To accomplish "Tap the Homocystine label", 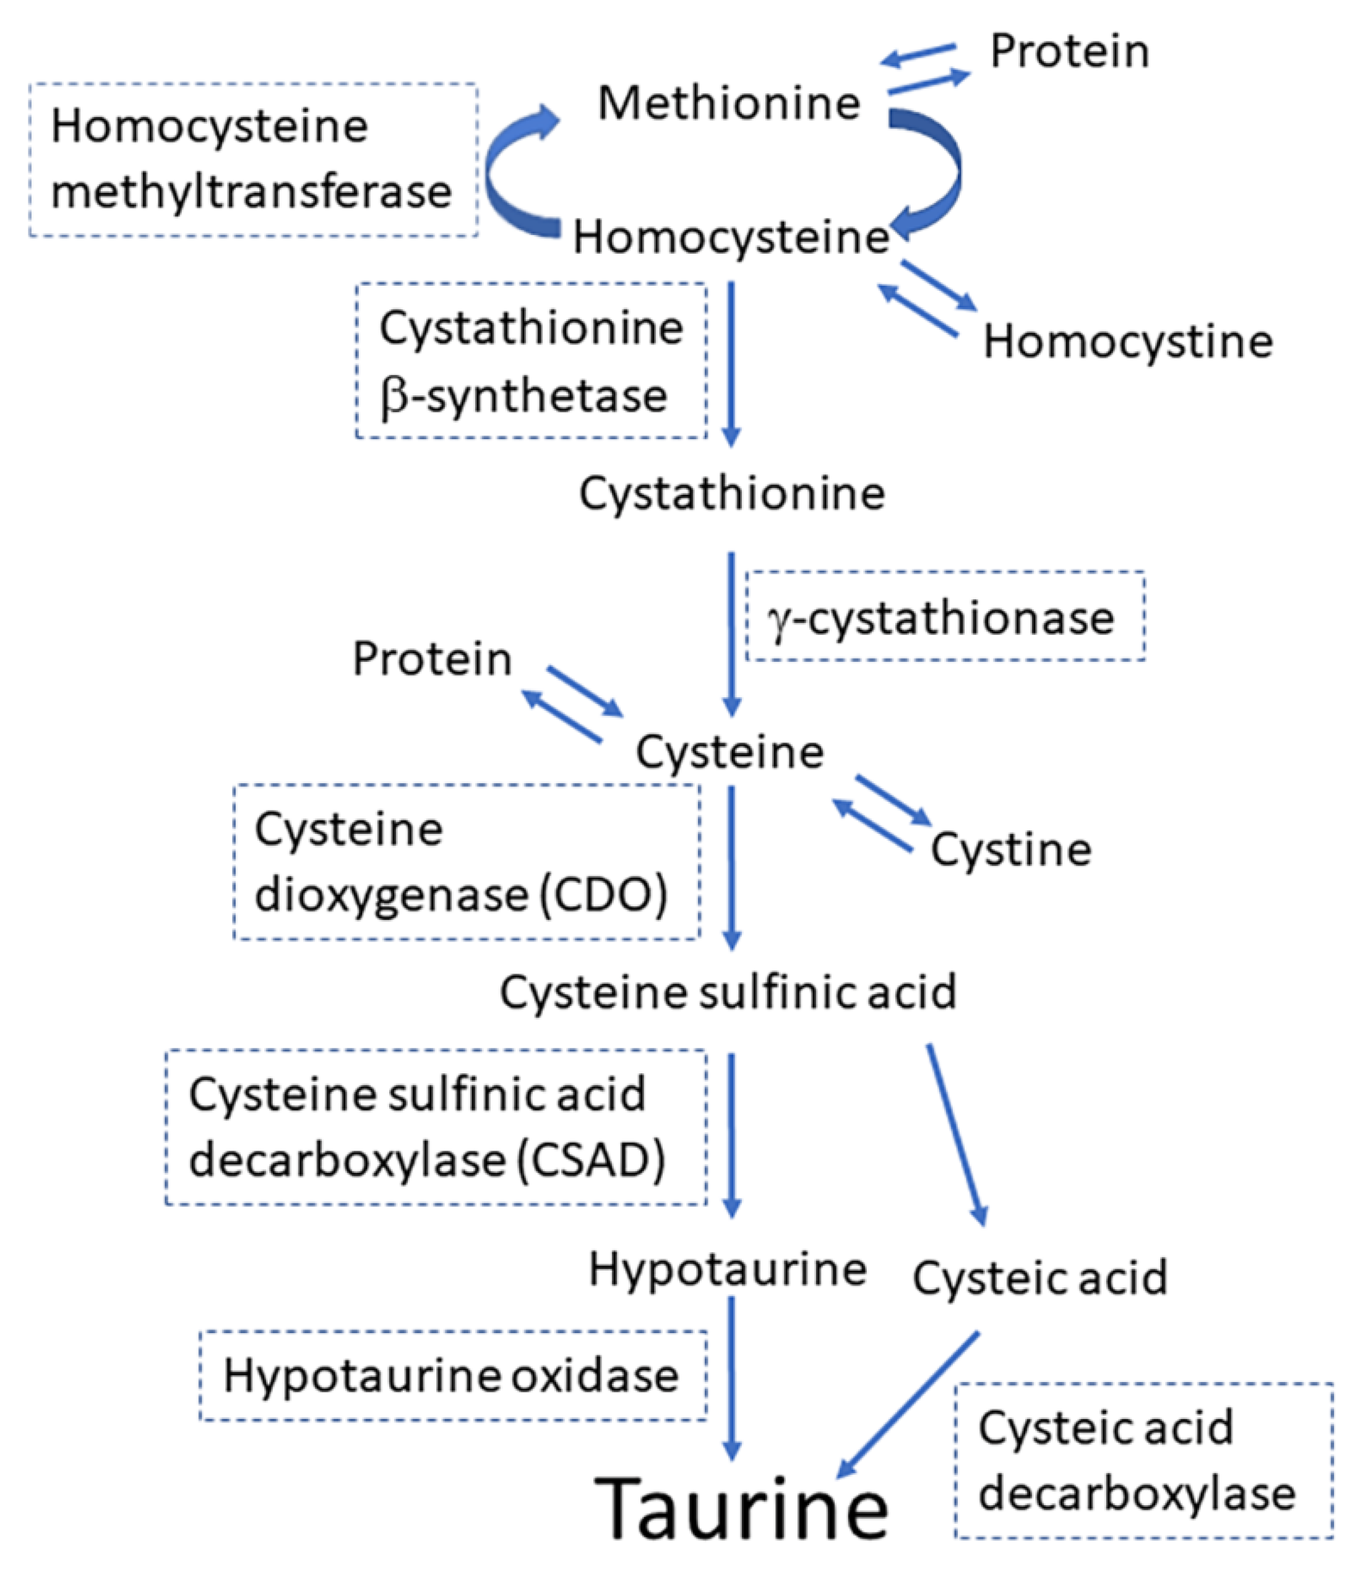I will point(1127,341).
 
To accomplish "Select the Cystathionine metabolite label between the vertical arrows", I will point(731,494).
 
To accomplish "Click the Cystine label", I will point(1010,849).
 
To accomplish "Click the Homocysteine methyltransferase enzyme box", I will point(253,160).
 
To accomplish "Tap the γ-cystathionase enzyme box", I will point(944,617).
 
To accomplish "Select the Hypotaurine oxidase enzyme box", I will point(452,1376).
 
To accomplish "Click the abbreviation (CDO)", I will point(603,895).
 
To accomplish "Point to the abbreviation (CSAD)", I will point(591,1161).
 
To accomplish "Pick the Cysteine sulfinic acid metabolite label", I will point(728,992).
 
